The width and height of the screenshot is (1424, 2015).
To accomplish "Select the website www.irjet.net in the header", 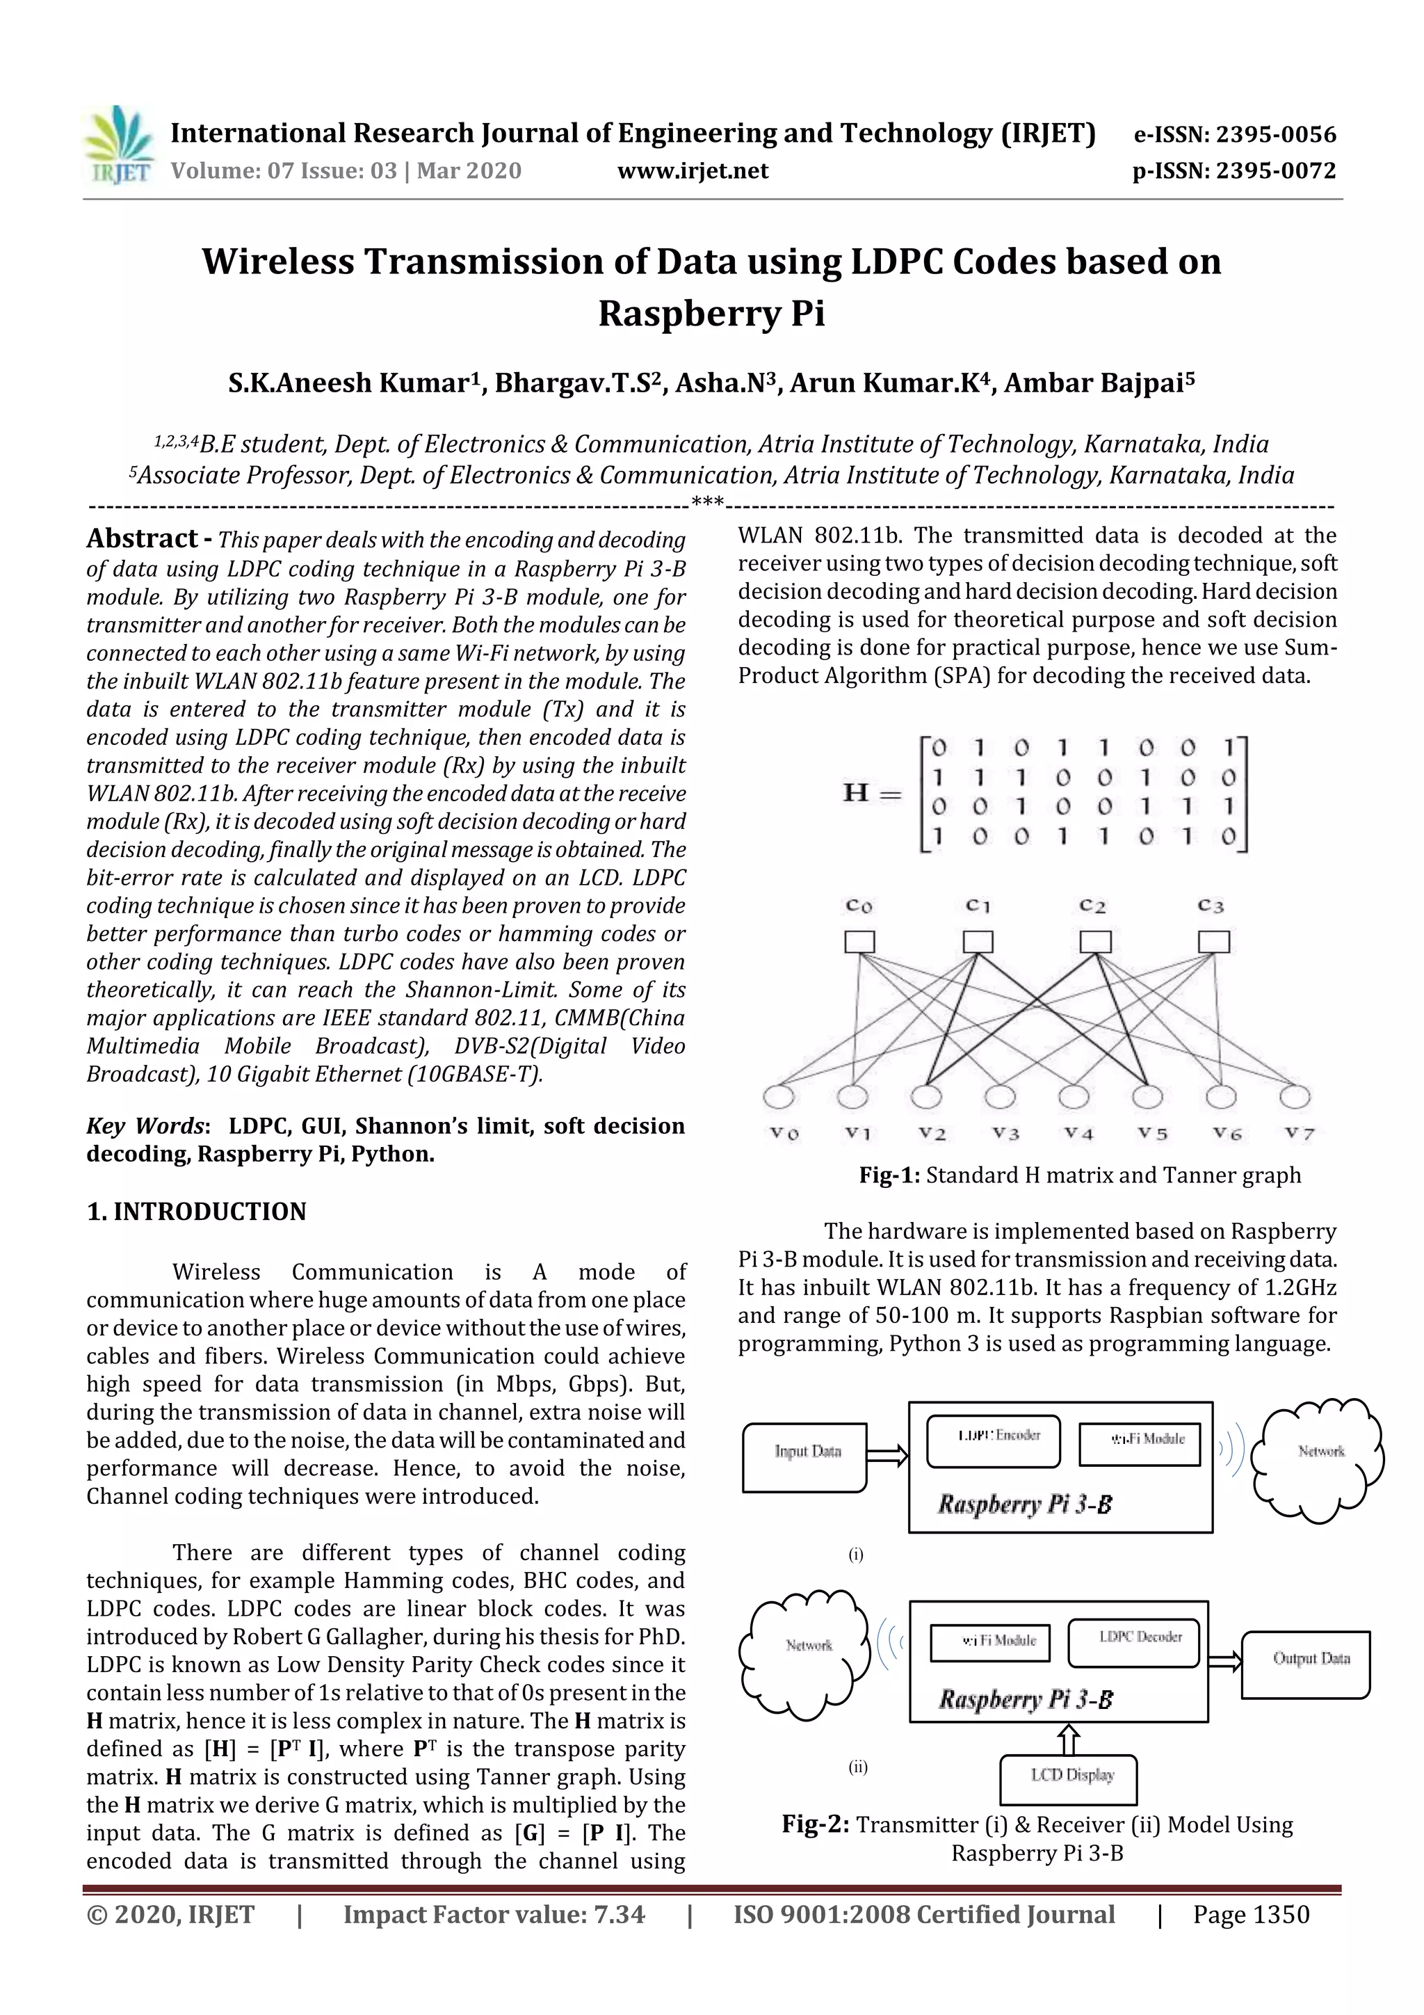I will (x=693, y=171).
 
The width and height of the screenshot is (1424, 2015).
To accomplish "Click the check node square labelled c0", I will (x=859, y=942).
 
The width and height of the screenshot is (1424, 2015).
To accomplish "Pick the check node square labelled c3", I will (x=1213, y=942).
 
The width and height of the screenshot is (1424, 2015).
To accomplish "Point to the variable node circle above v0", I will (x=779, y=1097).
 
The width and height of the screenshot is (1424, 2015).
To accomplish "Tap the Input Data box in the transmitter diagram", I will (x=804, y=1458).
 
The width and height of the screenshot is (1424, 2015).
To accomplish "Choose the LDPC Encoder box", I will (x=993, y=1441).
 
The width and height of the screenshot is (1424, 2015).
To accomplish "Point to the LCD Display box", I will (x=1069, y=1779).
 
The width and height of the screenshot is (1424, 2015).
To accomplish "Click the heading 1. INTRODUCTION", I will (x=197, y=1212).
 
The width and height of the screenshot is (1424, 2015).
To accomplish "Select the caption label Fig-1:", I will (x=889, y=1175).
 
